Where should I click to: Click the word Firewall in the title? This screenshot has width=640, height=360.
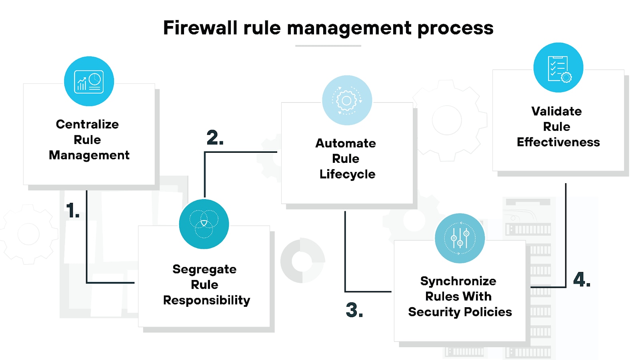tap(200, 28)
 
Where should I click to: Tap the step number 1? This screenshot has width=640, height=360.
tap(73, 210)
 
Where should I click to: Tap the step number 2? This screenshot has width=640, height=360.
tap(215, 138)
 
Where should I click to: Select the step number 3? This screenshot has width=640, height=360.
tap(354, 310)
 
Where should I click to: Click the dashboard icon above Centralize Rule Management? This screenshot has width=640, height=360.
tap(89, 82)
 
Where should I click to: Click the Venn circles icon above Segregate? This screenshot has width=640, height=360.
tap(204, 224)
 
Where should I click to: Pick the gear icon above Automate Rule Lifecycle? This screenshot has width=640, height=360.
tap(347, 100)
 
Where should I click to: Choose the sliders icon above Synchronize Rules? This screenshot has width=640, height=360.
tap(460, 238)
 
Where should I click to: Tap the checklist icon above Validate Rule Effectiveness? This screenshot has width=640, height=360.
tap(558, 68)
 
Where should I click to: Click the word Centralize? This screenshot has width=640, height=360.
tap(87, 124)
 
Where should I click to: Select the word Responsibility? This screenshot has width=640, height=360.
tap(206, 300)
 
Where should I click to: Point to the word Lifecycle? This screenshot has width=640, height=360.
tap(347, 174)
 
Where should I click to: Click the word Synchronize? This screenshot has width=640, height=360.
tap(458, 281)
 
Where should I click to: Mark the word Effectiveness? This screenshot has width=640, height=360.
tap(558, 142)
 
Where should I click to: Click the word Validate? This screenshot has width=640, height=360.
tap(556, 111)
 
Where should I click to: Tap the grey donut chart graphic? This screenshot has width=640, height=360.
tap(302, 261)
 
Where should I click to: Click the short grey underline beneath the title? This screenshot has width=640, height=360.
tap(328, 46)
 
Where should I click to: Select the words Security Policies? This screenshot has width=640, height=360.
tap(460, 312)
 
